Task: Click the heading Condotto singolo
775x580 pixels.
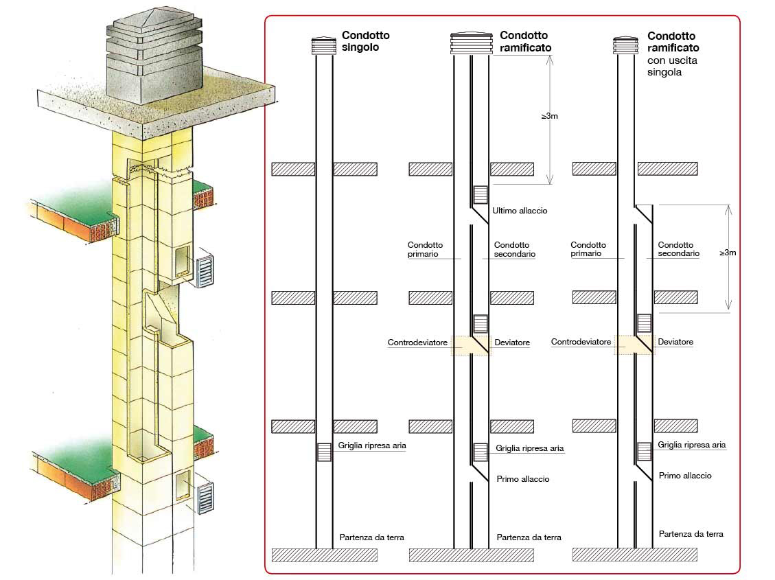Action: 366,41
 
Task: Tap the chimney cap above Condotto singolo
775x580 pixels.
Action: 324,45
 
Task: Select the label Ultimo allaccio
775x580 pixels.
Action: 520,211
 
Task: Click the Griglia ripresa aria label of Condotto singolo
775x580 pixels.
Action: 372,445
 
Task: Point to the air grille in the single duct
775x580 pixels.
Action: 324,452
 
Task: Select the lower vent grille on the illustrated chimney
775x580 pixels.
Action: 206,498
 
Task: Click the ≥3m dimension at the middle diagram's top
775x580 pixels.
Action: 550,116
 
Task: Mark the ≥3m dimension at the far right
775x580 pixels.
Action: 728,253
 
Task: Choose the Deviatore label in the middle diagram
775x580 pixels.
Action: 512,343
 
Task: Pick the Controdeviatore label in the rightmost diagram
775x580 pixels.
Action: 581,342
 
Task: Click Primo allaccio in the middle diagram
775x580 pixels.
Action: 523,478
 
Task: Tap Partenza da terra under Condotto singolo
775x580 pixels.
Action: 371,537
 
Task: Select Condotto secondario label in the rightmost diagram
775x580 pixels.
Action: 679,249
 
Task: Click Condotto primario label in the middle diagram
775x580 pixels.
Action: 425,249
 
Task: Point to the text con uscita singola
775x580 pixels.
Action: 672,66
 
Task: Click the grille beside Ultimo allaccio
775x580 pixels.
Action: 481,195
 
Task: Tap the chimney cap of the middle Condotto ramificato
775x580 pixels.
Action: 472,43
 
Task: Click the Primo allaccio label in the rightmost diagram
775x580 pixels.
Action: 685,476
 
